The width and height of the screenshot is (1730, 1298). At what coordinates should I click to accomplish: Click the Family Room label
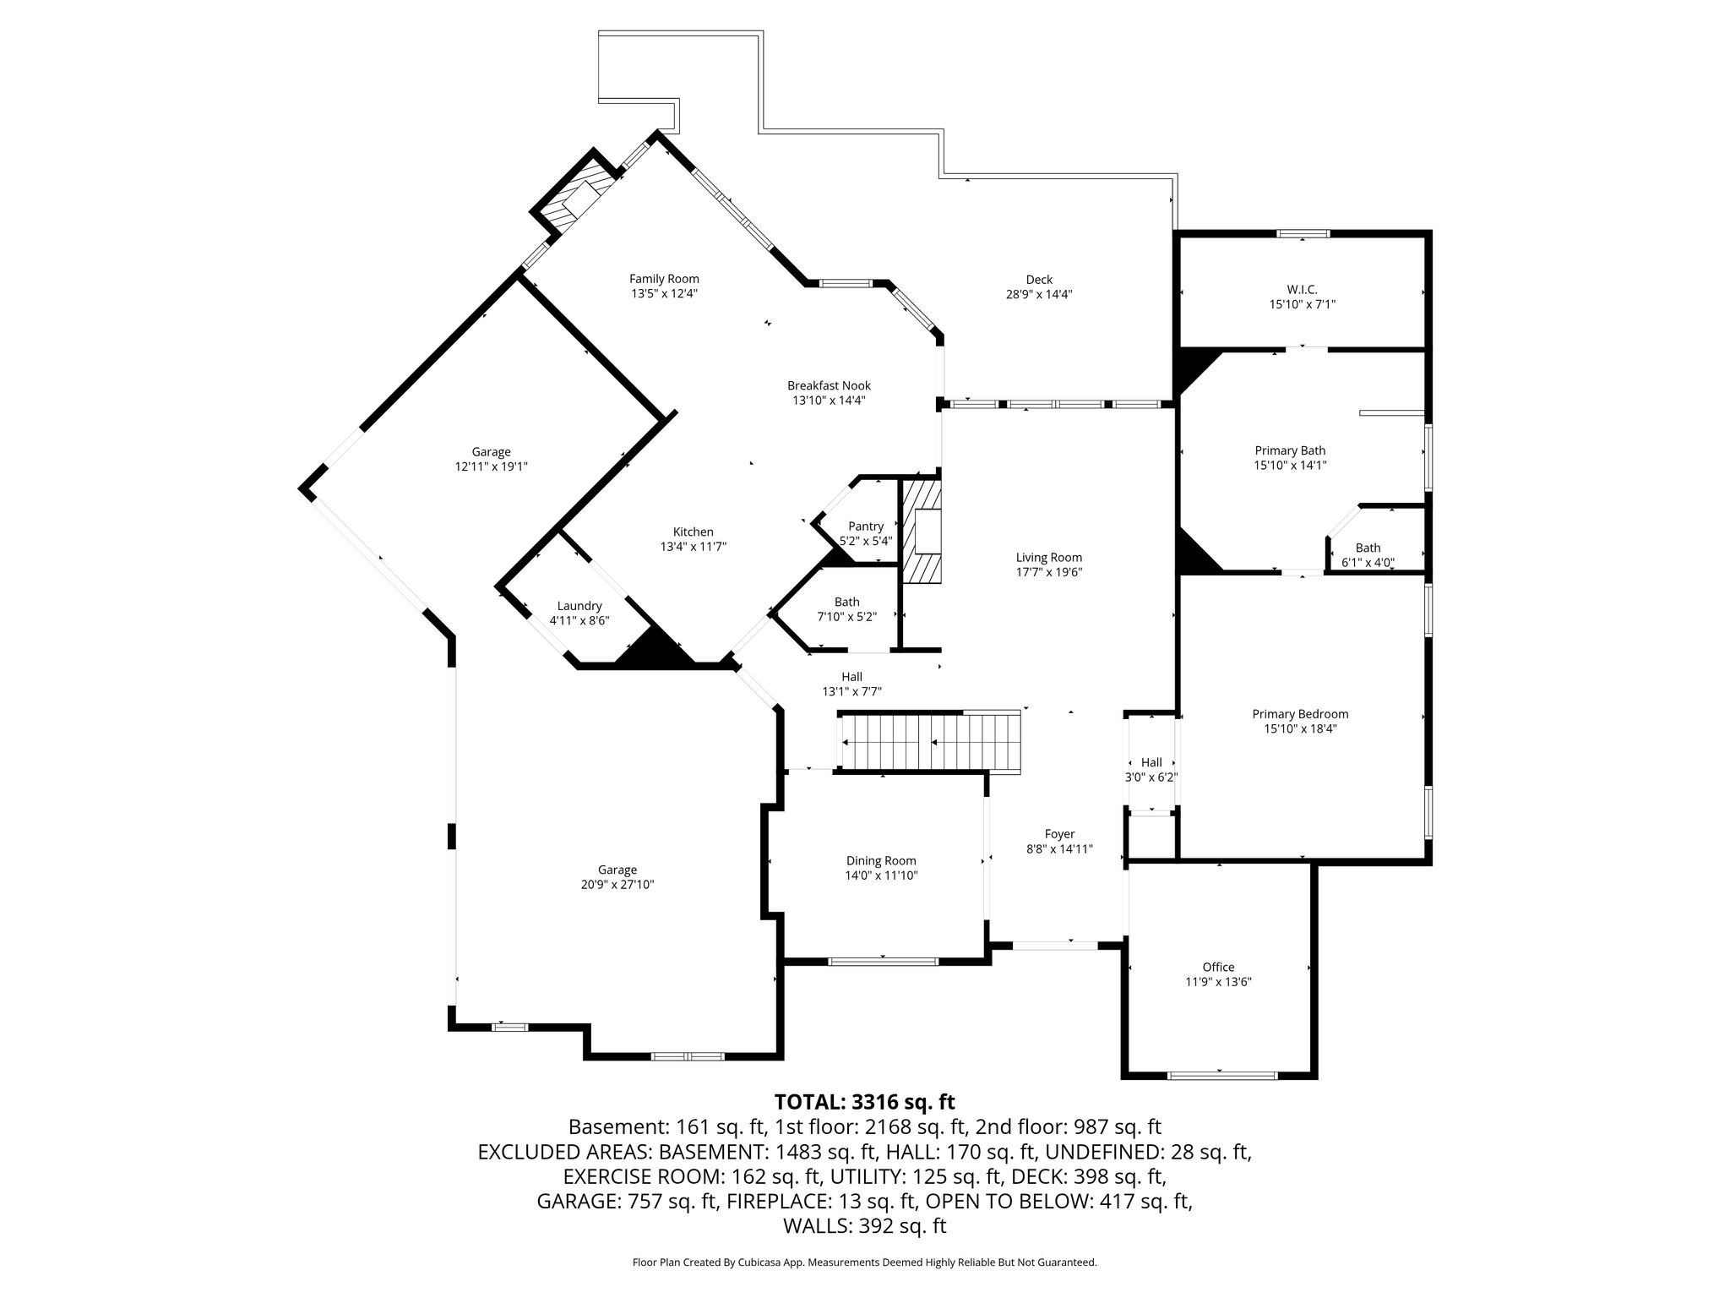(x=664, y=279)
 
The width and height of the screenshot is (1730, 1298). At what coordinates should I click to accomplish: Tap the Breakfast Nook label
(x=829, y=385)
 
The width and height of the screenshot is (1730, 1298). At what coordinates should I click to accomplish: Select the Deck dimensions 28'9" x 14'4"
(x=1039, y=295)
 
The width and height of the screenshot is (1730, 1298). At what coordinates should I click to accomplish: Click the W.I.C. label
(x=1302, y=289)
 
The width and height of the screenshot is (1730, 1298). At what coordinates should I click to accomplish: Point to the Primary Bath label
(x=1290, y=450)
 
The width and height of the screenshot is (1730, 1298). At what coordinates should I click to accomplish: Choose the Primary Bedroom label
(x=1300, y=714)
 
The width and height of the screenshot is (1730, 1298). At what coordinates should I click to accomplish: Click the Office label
(x=1218, y=967)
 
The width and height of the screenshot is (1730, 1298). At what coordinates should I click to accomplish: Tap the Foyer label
(x=1059, y=834)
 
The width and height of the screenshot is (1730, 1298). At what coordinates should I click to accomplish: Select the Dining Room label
(x=881, y=861)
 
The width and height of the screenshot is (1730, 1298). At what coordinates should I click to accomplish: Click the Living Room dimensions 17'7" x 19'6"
(x=1049, y=572)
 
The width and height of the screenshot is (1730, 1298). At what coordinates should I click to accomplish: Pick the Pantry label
(x=866, y=526)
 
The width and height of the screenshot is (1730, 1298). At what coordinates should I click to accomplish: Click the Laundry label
(x=579, y=606)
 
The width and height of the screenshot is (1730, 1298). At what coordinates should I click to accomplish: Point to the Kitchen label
(x=693, y=532)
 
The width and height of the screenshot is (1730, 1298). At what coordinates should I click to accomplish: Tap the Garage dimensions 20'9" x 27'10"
(x=617, y=885)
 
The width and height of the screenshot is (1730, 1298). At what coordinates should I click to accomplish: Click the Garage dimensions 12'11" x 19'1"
(x=491, y=466)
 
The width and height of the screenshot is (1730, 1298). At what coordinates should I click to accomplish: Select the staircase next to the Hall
(x=929, y=741)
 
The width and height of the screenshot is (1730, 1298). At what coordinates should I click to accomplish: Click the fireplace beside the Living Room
(x=922, y=531)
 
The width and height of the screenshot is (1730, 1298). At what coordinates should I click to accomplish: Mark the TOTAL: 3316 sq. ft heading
(x=864, y=1102)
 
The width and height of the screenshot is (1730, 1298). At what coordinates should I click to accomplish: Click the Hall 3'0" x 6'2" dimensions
(x=1151, y=777)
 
